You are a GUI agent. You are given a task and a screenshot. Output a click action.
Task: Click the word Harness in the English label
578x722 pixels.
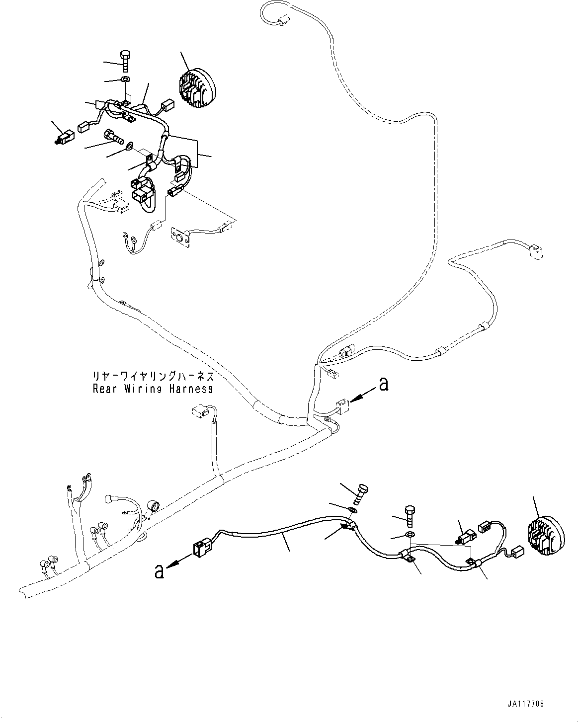[190, 389]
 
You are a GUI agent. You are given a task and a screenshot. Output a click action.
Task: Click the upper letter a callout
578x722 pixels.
[383, 384]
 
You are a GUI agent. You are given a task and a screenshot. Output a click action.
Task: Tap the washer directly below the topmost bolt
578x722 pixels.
[125, 80]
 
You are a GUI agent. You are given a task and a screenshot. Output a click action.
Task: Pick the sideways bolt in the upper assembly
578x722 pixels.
[113, 135]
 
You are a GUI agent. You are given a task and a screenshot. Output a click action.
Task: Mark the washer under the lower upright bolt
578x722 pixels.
[410, 535]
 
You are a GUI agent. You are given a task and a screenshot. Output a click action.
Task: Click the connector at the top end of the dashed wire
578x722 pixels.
[282, 21]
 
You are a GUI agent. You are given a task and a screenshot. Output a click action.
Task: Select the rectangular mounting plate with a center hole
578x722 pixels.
[181, 237]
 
